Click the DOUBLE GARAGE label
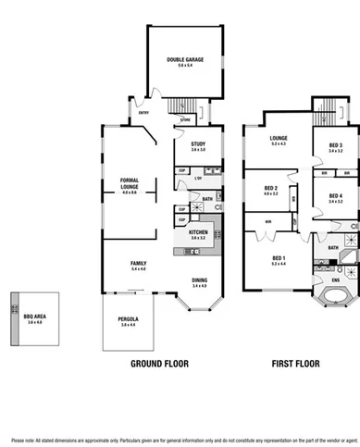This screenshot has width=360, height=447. [185, 60]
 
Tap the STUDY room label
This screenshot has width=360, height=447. [198, 145]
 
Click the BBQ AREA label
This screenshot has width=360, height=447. [36, 317]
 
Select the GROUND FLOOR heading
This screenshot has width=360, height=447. [158, 364]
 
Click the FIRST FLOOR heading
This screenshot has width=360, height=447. [295, 364]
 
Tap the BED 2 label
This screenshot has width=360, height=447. [270, 189]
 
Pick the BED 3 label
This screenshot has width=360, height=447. [334, 145]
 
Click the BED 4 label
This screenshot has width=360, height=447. [334, 195]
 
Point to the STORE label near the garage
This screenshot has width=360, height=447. [185, 119]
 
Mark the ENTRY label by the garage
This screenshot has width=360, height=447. [144, 113]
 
